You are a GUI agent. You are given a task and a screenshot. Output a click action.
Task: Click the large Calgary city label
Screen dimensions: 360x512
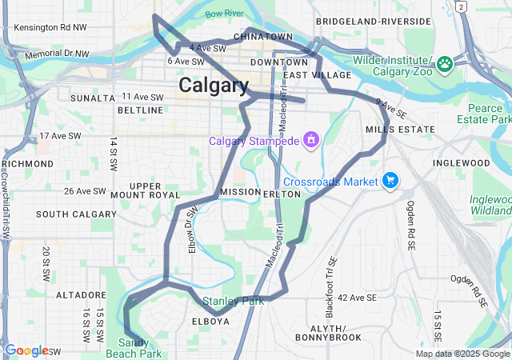coord(213,85)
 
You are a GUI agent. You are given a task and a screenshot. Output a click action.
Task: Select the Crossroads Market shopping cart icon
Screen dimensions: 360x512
coord(390,181)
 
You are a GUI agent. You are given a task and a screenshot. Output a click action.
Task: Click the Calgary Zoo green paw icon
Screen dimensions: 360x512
coord(445,62)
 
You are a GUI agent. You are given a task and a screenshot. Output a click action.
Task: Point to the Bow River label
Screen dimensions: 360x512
coord(224,14)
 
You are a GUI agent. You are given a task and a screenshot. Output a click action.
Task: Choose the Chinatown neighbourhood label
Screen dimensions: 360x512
coord(262,37)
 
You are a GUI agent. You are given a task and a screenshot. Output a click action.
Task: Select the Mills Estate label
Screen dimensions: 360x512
coord(400,129)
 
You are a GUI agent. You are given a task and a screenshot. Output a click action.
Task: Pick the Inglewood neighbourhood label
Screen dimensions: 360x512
coord(461,162)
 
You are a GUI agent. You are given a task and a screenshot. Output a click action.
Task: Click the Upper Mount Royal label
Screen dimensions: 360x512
coord(145,190)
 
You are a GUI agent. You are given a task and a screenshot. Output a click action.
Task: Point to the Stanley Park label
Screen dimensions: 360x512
coord(233,302)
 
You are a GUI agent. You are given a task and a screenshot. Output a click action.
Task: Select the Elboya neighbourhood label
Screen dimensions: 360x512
coord(211,321)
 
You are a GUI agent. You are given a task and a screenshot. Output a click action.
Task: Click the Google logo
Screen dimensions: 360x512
coord(26,350)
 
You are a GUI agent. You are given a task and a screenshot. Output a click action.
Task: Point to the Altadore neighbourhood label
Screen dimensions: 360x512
coord(75,295)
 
